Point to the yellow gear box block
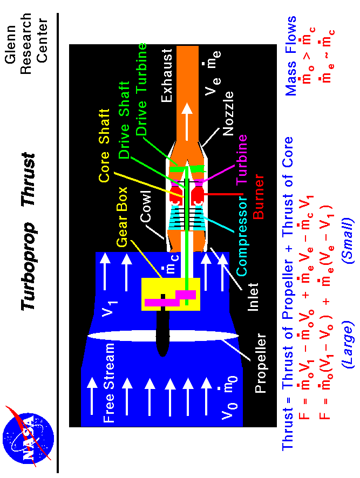tap(170, 294)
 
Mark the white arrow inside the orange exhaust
tap(187, 117)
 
